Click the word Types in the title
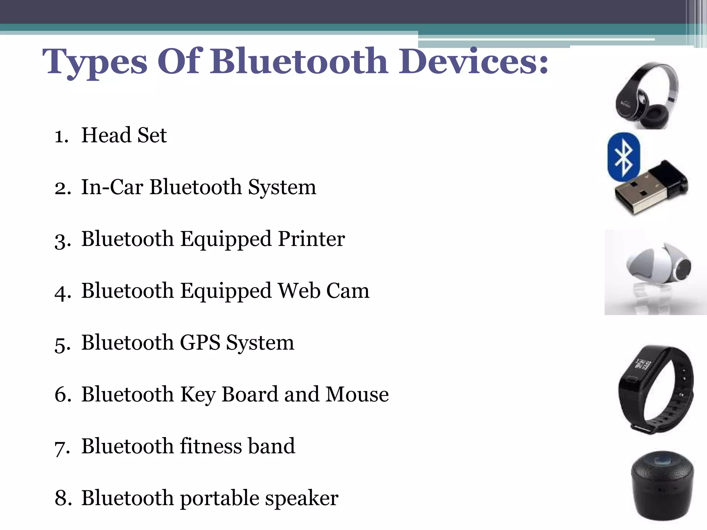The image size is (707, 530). (x=95, y=62)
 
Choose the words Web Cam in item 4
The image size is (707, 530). (x=324, y=291)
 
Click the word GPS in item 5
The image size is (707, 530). (x=200, y=343)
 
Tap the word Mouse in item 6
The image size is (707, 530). (x=357, y=394)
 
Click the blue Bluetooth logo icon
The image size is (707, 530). (x=623, y=157)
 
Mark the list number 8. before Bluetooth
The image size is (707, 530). (x=63, y=498)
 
